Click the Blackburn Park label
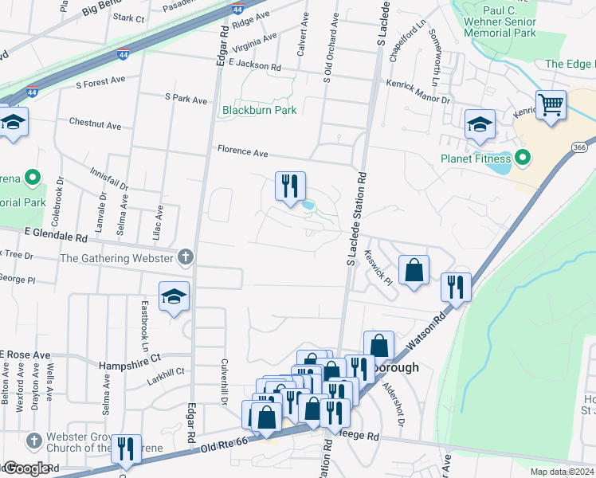[259, 110]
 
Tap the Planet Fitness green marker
[523, 158]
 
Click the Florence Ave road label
[244, 151]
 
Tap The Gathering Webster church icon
[185, 257]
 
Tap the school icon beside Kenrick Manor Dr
[480, 123]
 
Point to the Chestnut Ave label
[95, 125]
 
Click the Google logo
[25, 469]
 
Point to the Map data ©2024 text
[562, 472]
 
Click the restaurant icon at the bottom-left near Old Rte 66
[126, 449]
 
